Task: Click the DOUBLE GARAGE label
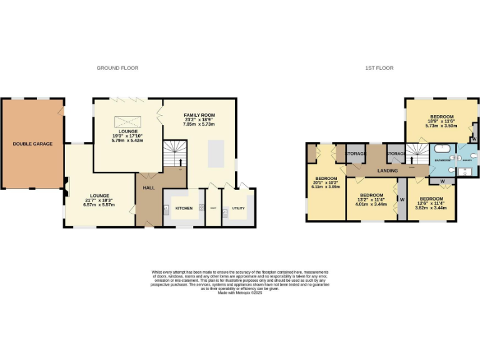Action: coord(32,144)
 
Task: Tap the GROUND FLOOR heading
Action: coord(117,68)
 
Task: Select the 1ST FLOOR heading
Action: coord(380,68)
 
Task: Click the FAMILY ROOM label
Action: coord(199,116)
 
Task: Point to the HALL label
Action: coord(149,187)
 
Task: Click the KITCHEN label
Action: coord(184,208)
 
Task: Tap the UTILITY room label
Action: coord(238,208)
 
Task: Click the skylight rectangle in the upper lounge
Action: coord(123,121)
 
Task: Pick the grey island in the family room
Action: coord(216,153)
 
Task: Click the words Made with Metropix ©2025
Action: coord(240,292)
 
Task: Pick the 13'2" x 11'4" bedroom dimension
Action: coord(371,199)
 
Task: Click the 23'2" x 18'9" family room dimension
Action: coord(199,120)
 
